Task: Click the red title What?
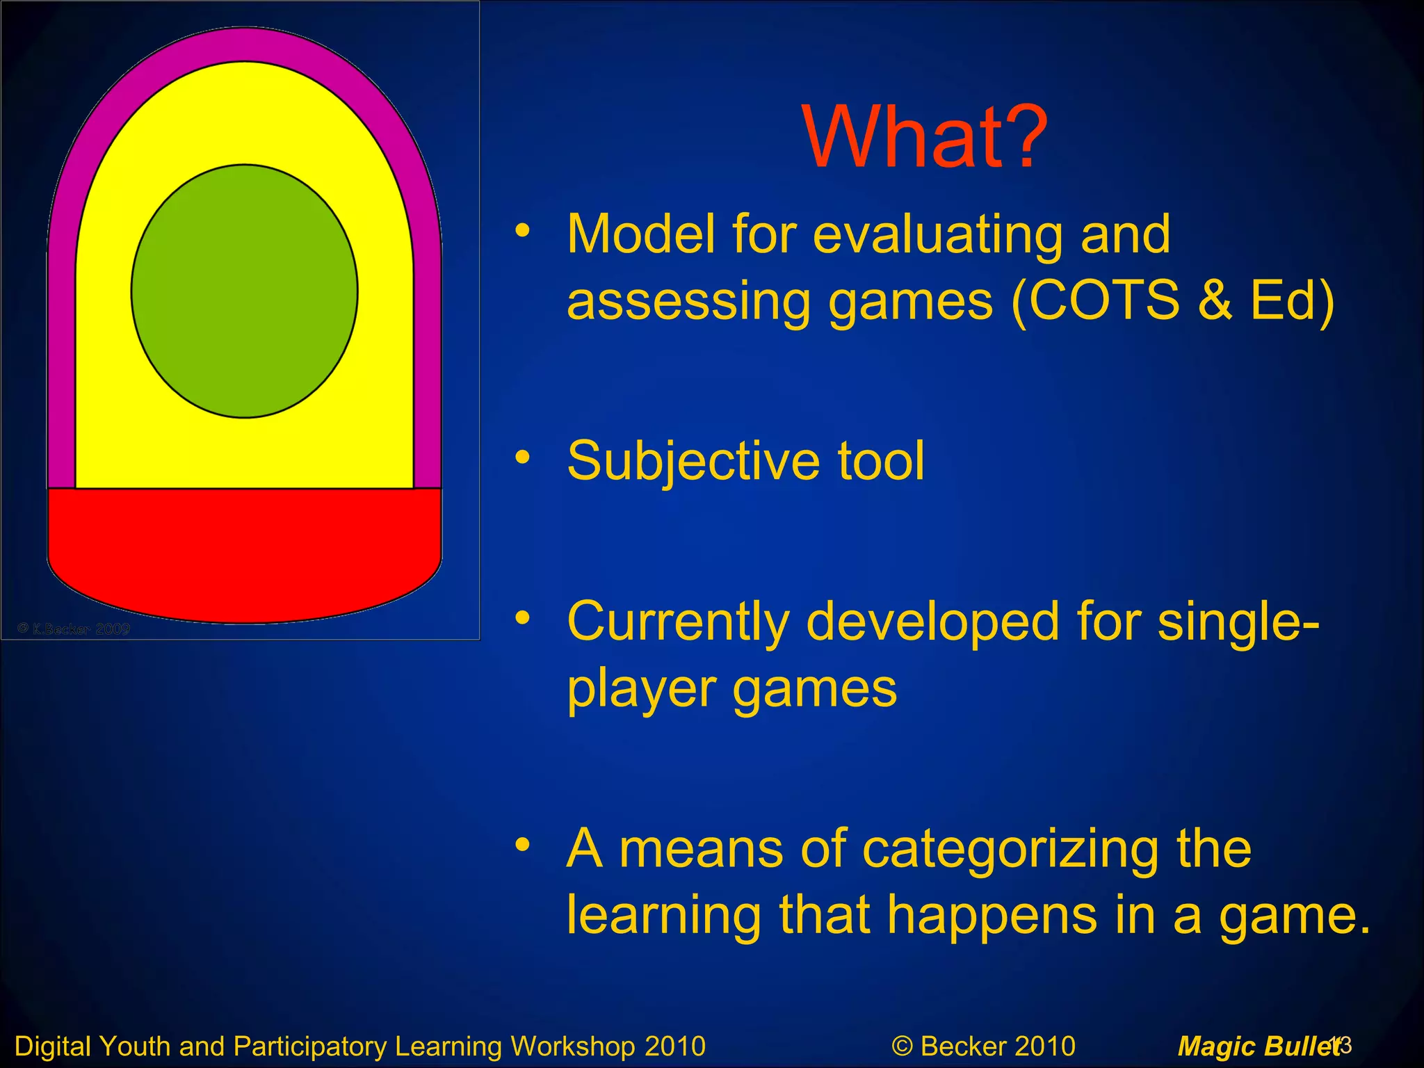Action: (x=924, y=137)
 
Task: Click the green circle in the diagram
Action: (x=245, y=291)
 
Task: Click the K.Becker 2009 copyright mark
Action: (x=74, y=629)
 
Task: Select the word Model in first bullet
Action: (x=640, y=234)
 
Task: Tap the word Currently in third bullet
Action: (x=677, y=622)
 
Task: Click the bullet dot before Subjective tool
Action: (x=523, y=458)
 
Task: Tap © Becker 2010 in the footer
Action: (x=983, y=1046)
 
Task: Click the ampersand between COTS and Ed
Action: (x=1215, y=300)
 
